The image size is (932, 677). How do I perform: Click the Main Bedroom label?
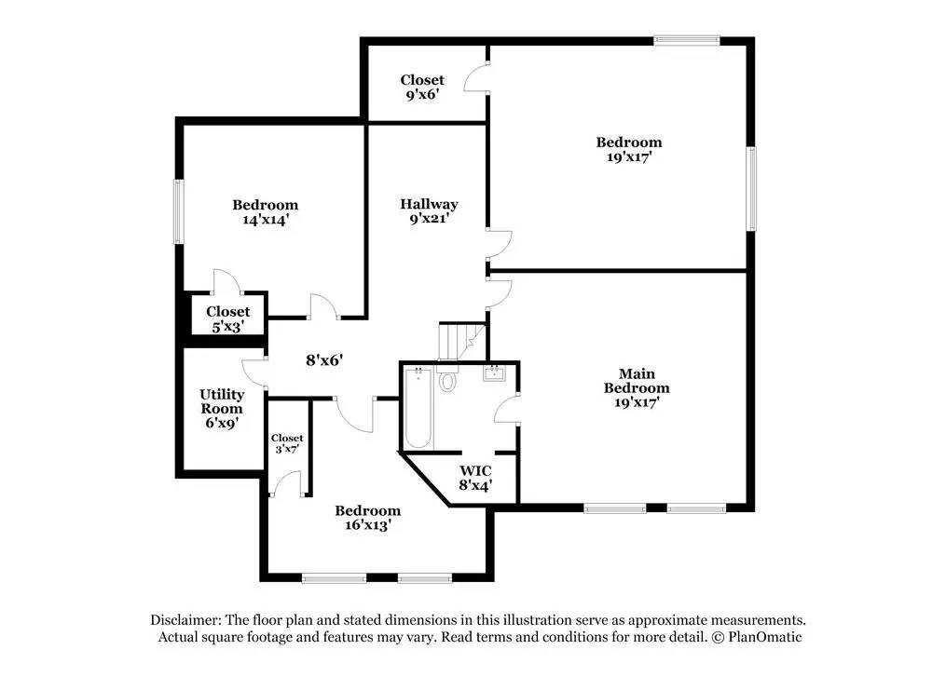click(637, 387)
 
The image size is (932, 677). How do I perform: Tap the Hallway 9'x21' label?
click(429, 211)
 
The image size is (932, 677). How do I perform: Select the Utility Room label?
click(222, 408)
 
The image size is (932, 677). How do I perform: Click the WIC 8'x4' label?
click(474, 477)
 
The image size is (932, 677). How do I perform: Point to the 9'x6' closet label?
click(422, 88)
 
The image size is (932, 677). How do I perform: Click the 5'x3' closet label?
click(227, 319)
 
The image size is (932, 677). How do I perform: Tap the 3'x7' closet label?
click(287, 443)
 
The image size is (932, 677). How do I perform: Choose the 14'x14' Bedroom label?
click(265, 212)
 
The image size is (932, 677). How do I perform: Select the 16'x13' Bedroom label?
click(368, 517)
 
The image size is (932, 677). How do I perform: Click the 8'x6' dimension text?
click(322, 359)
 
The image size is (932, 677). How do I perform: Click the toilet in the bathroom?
click(447, 380)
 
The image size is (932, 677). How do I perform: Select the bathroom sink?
click(493, 374)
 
